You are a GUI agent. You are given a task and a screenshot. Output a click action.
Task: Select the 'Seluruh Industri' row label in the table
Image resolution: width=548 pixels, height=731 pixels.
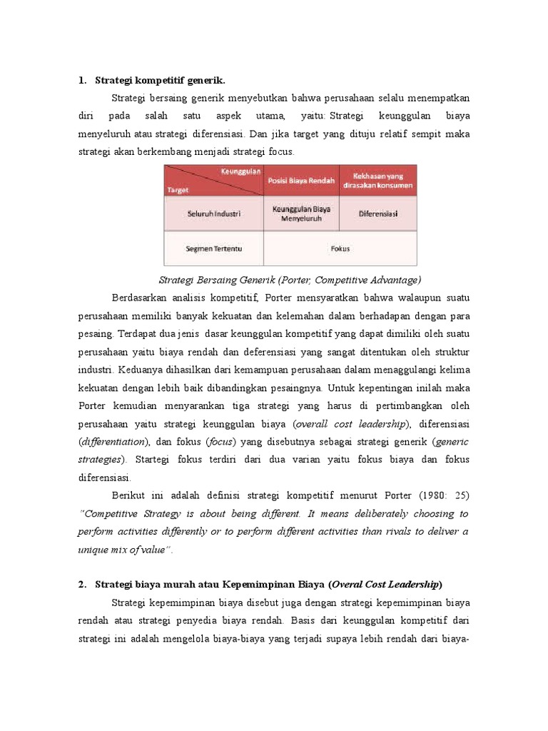click(214, 213)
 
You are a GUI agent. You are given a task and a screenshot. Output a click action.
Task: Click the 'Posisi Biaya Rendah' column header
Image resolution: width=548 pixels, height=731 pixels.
click(301, 181)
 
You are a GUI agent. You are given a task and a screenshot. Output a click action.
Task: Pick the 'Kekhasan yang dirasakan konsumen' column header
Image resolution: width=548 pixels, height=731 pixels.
click(377, 180)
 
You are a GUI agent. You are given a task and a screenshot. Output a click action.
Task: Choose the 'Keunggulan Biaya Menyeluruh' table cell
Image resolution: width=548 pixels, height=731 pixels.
click(301, 213)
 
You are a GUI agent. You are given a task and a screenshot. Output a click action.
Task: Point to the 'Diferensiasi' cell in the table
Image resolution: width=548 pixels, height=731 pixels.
click(378, 213)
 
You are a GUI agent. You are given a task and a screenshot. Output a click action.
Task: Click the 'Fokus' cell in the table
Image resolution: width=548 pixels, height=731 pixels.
click(340, 248)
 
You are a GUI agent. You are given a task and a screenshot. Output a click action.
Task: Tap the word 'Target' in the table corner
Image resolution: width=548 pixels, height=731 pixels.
click(178, 190)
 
